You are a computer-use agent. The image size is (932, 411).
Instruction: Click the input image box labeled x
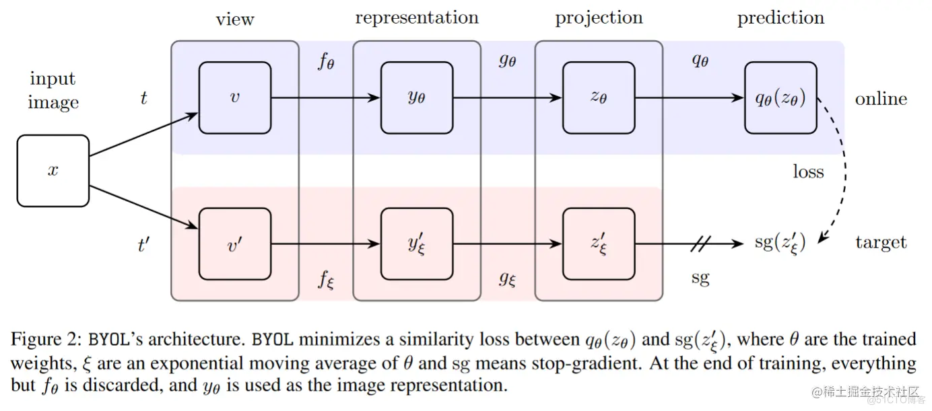[x=53, y=171]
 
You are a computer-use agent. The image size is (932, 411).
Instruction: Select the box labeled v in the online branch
[x=235, y=98]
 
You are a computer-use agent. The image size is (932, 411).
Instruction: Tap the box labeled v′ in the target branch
[x=235, y=244]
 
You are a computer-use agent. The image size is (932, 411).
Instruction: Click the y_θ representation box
[x=416, y=98]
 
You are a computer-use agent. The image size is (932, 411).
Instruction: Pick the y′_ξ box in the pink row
[x=416, y=244]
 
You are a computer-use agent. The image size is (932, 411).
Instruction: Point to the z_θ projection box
[x=599, y=98]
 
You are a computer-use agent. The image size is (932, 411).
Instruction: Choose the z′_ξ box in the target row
[x=599, y=244]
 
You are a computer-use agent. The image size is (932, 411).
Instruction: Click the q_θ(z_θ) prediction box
[x=780, y=98]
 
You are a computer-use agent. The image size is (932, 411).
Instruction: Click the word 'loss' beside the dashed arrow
[x=808, y=172]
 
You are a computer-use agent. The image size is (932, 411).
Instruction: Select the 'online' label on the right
[x=881, y=99]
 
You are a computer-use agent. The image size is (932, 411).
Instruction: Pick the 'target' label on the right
[x=881, y=243]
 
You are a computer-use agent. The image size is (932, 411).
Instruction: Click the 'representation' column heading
[x=417, y=18]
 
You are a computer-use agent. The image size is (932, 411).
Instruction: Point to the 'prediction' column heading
[x=780, y=18]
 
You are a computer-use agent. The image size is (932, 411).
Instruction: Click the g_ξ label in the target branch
[x=508, y=278]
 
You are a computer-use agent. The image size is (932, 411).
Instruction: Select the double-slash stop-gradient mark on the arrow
[x=700, y=244]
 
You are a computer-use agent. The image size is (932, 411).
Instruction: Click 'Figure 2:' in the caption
[x=51, y=340]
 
